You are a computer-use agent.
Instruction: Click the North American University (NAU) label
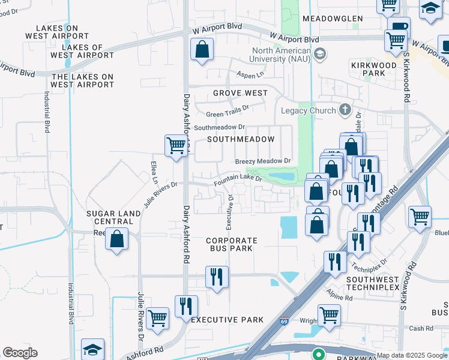pyautogui.click(x=281, y=55)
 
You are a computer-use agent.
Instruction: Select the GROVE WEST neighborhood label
pyautogui.click(x=240, y=94)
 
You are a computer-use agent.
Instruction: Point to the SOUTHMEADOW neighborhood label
pyautogui.click(x=241, y=139)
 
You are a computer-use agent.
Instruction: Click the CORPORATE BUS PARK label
pyautogui.click(x=232, y=244)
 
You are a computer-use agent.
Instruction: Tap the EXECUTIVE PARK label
pyautogui.click(x=227, y=320)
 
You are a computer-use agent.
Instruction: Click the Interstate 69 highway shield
pyautogui.click(x=284, y=323)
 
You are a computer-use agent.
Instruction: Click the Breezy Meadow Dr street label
pyautogui.click(x=262, y=161)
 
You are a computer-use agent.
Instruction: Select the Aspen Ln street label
pyautogui.click(x=252, y=75)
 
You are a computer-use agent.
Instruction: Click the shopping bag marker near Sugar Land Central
pyautogui.click(x=116, y=239)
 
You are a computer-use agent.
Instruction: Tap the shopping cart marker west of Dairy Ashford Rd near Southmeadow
pyautogui.click(x=175, y=145)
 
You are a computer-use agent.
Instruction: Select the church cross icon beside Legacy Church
pyautogui.click(x=345, y=110)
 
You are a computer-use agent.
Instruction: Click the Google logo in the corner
pyautogui.click(x=20, y=353)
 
